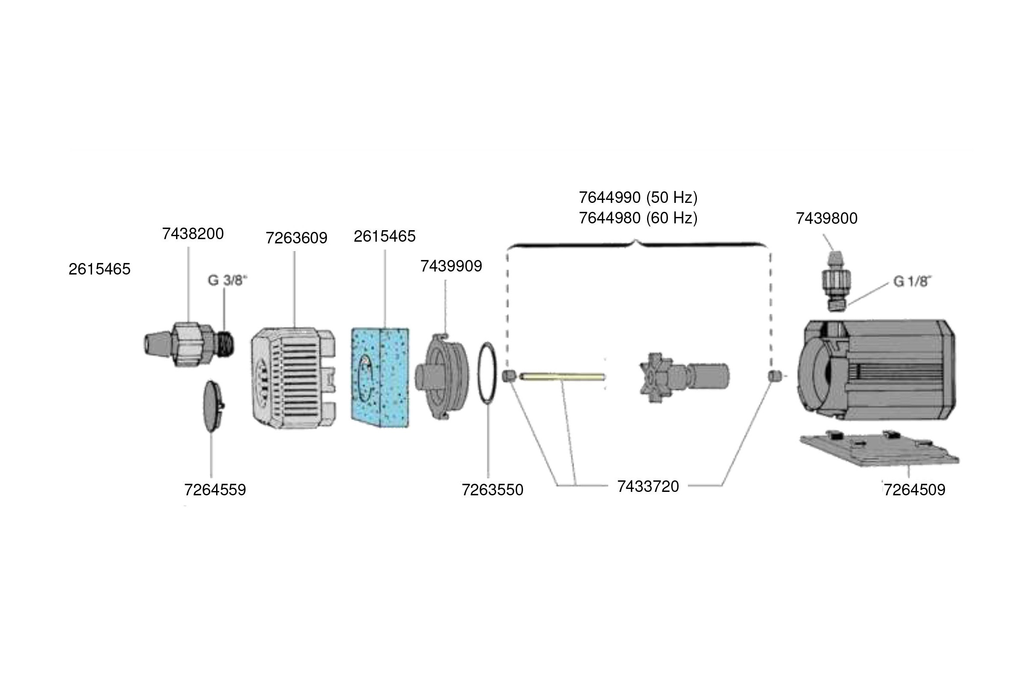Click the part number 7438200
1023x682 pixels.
tap(193, 234)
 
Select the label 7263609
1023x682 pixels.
tap(296, 238)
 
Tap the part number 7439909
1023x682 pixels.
tap(451, 266)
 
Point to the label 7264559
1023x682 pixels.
tap(215, 490)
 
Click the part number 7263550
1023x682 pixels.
tap(492, 490)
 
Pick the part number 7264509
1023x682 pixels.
tap(914, 490)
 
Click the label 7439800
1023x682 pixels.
tap(826, 218)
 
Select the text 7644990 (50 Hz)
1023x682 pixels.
tap(638, 197)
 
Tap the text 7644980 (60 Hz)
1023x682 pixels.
tap(638, 217)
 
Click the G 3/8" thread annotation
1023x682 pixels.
tap(227, 280)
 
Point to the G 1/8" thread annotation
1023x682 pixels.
tap(912, 281)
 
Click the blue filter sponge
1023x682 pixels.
tap(380, 377)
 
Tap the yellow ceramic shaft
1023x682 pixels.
tap(562, 376)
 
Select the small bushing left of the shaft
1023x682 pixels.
tap(508, 376)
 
